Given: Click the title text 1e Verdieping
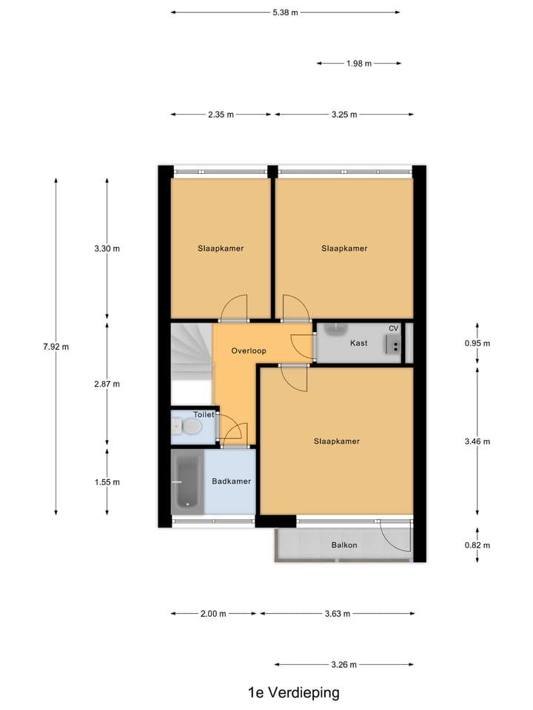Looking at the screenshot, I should [293, 693].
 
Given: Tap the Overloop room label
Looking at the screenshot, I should [248, 351].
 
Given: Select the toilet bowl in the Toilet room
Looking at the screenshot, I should [190, 427].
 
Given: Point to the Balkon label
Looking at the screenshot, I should [344, 546].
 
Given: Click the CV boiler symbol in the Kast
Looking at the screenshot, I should [393, 343].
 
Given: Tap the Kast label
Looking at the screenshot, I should [359, 343].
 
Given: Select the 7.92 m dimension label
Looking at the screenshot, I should [56, 346].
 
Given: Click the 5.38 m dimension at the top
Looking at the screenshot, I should [285, 13].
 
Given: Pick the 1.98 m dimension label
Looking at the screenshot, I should [358, 64].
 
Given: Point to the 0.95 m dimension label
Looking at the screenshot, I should [477, 343].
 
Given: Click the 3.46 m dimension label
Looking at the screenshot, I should [477, 442].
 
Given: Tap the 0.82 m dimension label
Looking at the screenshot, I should [477, 546].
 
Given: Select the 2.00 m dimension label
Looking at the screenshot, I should [213, 614].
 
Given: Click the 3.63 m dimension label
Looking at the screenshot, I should [338, 614].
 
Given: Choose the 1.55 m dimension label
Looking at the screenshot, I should [107, 482].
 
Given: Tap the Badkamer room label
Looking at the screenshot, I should [231, 481].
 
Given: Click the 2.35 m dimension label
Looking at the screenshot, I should [221, 115].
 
